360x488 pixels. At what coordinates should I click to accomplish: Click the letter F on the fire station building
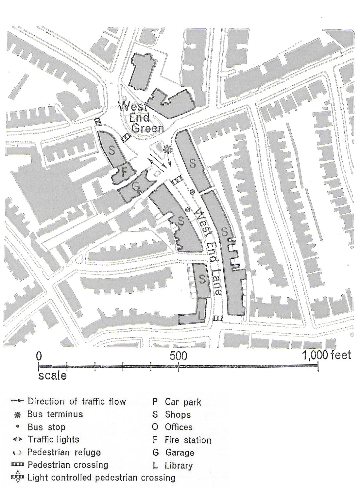click(124, 173)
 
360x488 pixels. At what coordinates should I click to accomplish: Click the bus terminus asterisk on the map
click(168, 149)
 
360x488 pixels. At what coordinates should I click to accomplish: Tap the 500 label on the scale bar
click(178, 356)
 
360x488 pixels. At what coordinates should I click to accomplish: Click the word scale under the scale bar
click(52, 375)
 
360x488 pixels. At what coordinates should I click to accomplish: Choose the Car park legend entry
click(183, 402)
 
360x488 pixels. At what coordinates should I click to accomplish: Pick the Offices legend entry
click(179, 427)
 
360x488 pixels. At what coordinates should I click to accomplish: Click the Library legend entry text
click(179, 465)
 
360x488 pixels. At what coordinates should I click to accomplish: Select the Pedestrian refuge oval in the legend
click(17, 453)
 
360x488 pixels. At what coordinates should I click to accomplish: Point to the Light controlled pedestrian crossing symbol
click(18, 478)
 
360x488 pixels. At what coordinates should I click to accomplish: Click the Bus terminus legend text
click(55, 414)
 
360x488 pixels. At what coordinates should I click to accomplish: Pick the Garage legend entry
click(180, 453)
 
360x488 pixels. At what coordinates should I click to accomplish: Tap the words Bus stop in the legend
click(46, 427)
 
